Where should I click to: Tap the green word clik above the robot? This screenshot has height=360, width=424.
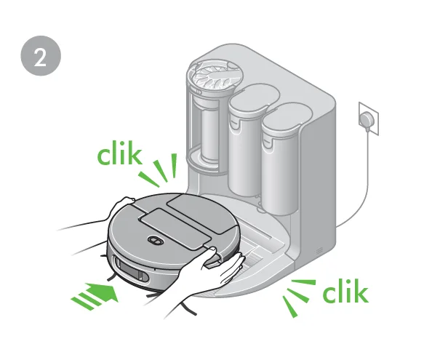click(120, 154)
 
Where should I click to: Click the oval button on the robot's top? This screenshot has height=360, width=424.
click(154, 240)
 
